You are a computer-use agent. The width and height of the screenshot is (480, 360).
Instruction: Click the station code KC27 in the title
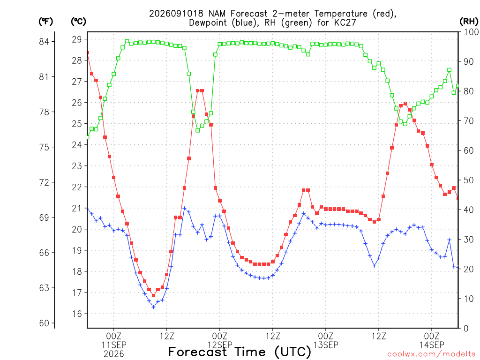pyautogui.click(x=345, y=22)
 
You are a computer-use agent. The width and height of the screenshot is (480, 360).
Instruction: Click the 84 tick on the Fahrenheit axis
pyautogui.click(x=44, y=42)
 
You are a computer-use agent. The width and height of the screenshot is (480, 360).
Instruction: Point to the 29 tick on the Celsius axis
pyautogui.click(x=77, y=39)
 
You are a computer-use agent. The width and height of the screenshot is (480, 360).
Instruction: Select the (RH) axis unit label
pyautogui.click(x=469, y=21)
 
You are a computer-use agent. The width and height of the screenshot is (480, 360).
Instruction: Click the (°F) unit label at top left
pyautogui.click(x=45, y=22)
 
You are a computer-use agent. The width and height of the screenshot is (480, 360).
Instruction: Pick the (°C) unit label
pyautogui.click(x=78, y=22)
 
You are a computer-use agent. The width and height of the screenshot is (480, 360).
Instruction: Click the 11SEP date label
pyautogui.click(x=114, y=345)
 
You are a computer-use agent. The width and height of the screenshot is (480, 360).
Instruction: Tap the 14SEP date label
pyautogui.click(x=432, y=345)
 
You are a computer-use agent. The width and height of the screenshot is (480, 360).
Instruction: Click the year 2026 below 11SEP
pyautogui.click(x=114, y=354)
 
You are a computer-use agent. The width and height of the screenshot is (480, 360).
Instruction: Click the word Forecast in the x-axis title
pyautogui.click(x=198, y=352)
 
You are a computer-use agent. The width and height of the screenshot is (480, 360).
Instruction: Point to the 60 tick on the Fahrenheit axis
pyautogui.click(x=44, y=323)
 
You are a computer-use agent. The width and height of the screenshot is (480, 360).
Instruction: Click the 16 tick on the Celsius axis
pyautogui.click(x=77, y=314)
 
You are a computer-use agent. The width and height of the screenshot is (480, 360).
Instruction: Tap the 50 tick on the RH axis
pyautogui.click(x=469, y=180)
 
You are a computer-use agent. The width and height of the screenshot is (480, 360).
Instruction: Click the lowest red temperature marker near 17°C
pyautogui.click(x=154, y=295)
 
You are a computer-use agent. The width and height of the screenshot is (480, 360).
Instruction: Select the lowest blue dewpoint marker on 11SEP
pyautogui.click(x=154, y=307)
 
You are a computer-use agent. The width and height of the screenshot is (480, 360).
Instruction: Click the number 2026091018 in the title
pyautogui.click(x=176, y=14)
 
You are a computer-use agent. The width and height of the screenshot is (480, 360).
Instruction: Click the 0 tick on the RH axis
pyautogui.click(x=466, y=329)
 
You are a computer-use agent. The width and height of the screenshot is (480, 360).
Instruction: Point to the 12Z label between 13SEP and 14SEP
pyautogui.click(x=379, y=336)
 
